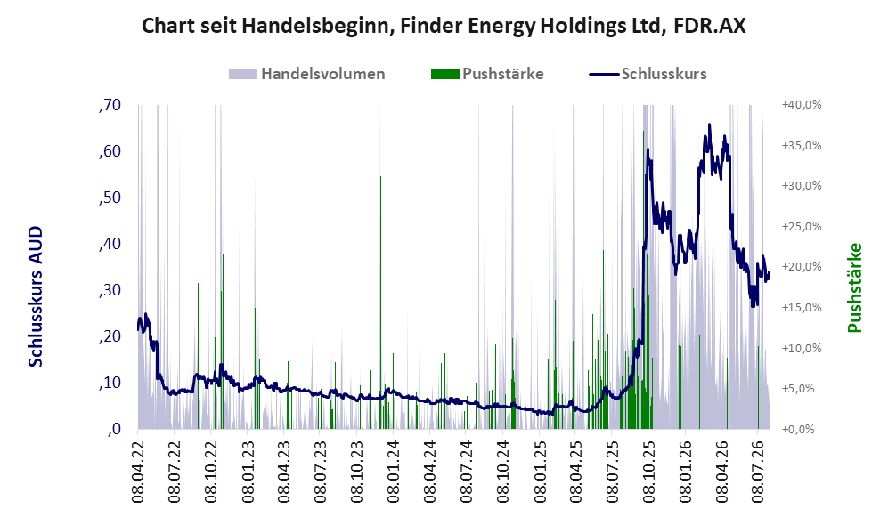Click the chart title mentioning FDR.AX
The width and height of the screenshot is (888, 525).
(444, 26)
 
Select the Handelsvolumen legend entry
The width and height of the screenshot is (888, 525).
(307, 74)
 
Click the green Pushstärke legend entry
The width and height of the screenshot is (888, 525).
(487, 74)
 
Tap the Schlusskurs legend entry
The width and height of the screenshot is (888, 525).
(648, 74)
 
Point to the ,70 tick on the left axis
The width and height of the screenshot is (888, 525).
(110, 105)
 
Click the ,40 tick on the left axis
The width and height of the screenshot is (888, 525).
(110, 244)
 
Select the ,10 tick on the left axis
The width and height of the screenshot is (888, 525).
(110, 383)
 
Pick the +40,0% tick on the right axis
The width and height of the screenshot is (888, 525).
(802, 105)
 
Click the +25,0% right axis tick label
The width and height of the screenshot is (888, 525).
(802, 226)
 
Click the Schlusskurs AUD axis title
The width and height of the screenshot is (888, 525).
(36, 296)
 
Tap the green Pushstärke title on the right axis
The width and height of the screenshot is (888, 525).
(854, 287)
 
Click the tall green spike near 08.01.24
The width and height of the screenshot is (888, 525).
(380, 303)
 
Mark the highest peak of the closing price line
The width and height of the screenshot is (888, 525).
(710, 125)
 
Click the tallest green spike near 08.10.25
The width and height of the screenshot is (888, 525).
(643, 280)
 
